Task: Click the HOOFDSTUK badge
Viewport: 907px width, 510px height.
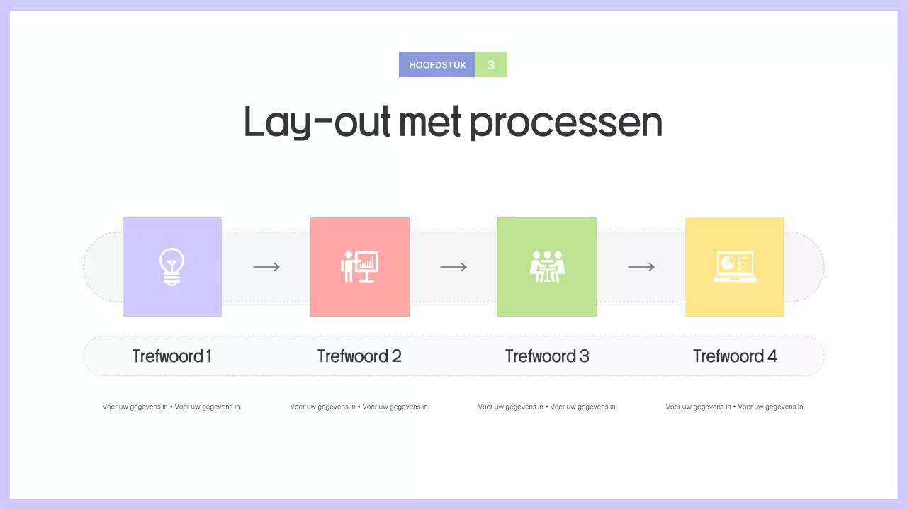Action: (437, 64)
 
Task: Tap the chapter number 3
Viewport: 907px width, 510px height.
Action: (491, 64)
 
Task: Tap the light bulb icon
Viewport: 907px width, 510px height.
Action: (171, 267)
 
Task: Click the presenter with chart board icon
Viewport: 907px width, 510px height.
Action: (359, 267)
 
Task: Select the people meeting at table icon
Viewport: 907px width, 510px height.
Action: (547, 267)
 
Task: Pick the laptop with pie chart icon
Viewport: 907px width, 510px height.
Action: (735, 267)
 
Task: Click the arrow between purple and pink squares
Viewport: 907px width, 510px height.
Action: (266, 267)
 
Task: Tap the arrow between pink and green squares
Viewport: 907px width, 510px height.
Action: (453, 267)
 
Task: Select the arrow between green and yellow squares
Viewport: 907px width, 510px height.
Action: (641, 267)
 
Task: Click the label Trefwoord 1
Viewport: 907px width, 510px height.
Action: (172, 356)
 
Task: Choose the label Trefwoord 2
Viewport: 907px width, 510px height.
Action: (359, 356)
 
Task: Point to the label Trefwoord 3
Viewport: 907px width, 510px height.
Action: (547, 356)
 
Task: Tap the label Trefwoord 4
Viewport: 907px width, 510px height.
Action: (735, 356)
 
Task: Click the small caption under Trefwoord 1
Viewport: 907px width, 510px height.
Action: (172, 407)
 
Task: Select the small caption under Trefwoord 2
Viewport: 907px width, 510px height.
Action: (359, 407)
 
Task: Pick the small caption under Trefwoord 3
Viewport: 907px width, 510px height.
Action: (547, 407)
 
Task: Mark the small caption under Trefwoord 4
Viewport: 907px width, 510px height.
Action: (735, 407)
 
